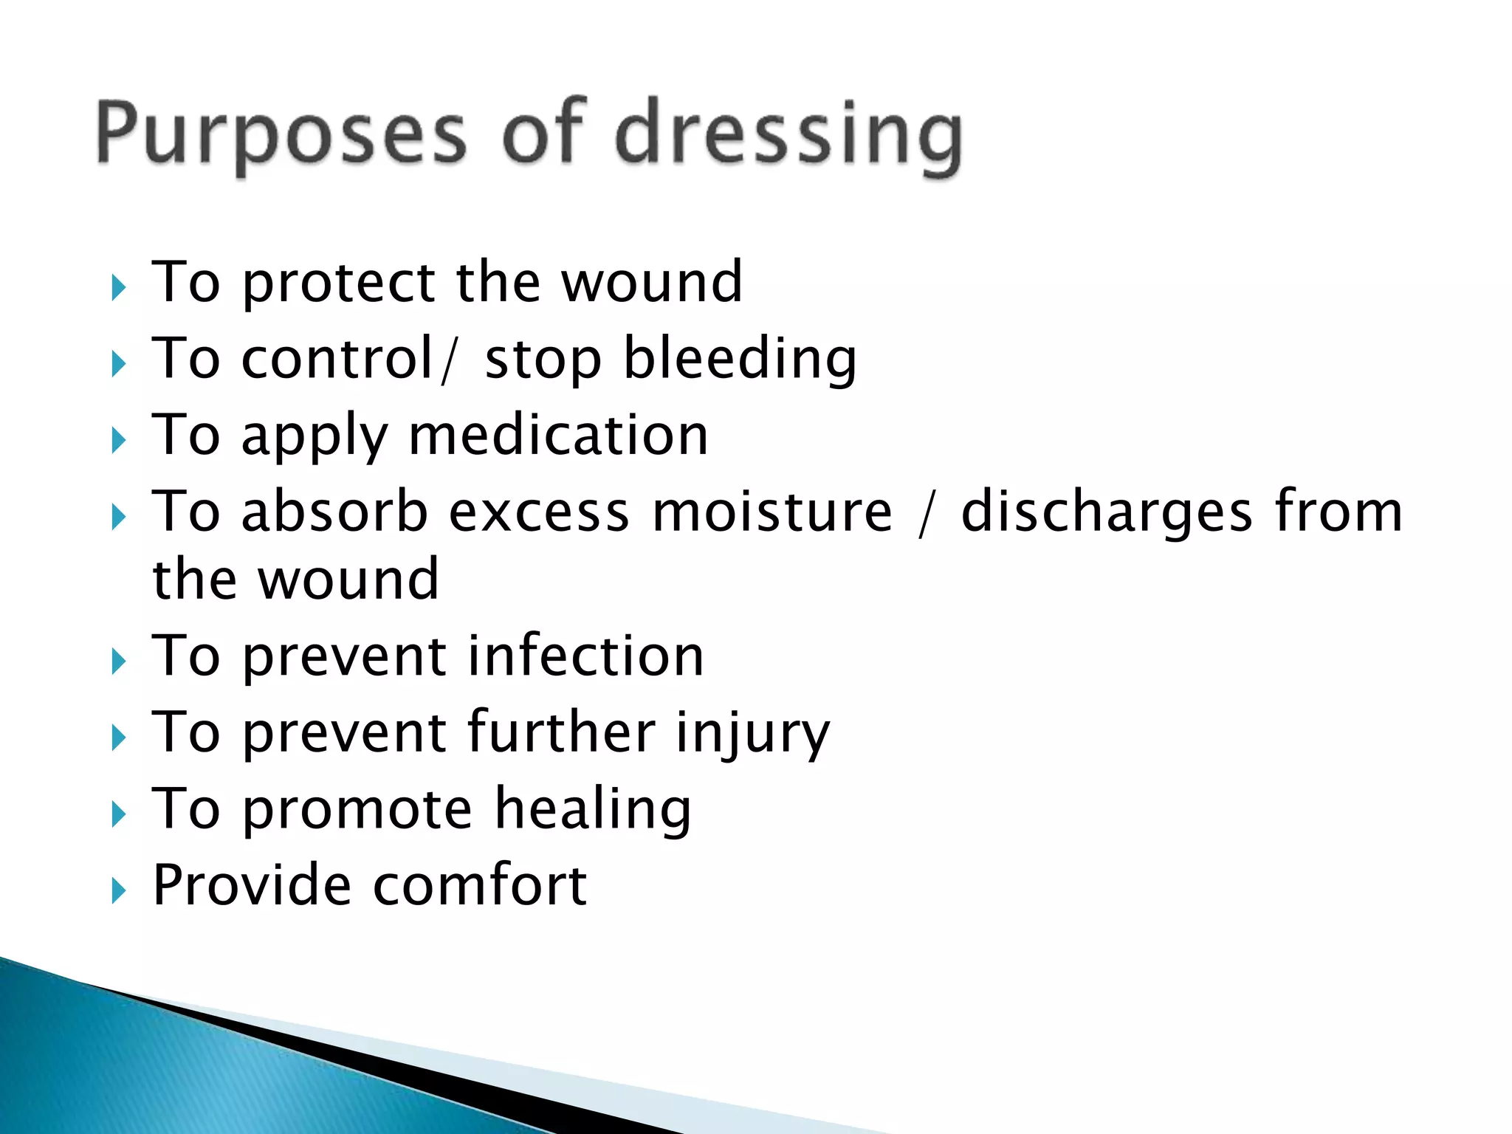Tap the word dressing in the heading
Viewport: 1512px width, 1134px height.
[788, 137]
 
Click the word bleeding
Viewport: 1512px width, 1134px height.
[740, 360]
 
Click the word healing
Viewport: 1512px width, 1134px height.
[593, 810]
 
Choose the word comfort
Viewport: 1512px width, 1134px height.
[481, 885]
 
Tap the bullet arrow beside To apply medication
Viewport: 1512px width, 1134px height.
[118, 441]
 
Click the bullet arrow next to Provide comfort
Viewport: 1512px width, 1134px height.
[118, 891]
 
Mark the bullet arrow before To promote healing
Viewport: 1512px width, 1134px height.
[118, 815]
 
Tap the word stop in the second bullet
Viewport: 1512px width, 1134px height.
[543, 361]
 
